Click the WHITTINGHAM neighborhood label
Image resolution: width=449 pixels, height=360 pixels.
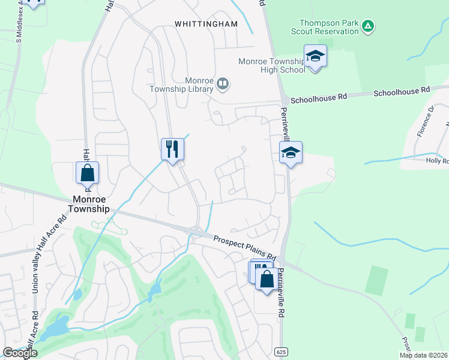click(206, 24)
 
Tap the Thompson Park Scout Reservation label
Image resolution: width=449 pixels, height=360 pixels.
click(325, 27)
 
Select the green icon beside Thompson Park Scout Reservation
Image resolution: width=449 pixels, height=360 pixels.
click(369, 26)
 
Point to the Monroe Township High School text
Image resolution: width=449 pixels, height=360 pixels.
click(271, 65)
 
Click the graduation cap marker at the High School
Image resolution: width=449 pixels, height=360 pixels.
click(315, 56)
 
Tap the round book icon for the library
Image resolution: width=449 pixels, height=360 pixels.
click(223, 83)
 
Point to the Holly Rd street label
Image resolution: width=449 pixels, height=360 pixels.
click(436, 161)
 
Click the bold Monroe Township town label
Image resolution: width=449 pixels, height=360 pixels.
click(91, 203)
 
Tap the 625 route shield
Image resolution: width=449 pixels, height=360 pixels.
click(282, 350)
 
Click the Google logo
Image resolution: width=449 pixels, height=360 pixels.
click(20, 353)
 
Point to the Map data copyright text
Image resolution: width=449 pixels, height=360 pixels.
click(424, 355)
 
